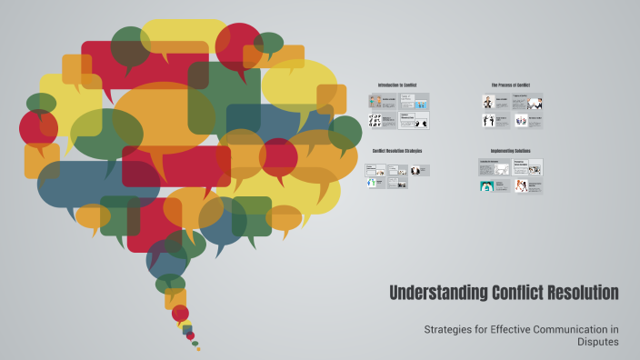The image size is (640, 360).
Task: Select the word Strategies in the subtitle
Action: click(x=452, y=328)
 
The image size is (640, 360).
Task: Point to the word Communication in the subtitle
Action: click(x=565, y=328)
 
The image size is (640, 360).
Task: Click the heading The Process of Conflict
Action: click(x=510, y=85)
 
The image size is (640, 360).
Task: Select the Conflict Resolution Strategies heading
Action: click(x=397, y=151)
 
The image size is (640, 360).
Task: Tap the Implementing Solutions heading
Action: click(x=510, y=151)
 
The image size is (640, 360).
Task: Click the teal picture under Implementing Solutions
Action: click(x=487, y=185)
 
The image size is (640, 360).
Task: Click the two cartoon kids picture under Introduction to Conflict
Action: click(x=375, y=101)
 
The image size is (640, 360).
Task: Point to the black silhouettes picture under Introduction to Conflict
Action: click(x=375, y=120)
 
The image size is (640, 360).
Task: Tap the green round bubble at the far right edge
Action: click(x=345, y=133)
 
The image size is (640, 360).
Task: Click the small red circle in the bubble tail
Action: click(x=180, y=314)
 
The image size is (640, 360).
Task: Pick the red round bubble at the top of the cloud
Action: click(x=238, y=45)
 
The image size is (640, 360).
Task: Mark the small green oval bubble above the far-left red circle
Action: click(x=41, y=103)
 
